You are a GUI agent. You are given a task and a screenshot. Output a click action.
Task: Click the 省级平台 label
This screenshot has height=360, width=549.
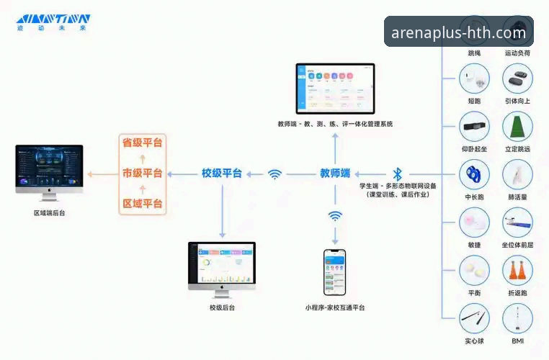142,143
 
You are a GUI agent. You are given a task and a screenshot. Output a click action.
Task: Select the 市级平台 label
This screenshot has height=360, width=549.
142,174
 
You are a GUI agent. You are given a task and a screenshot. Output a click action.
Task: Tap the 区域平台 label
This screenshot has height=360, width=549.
142,204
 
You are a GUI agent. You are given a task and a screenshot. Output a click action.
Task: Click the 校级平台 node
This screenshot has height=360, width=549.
222,174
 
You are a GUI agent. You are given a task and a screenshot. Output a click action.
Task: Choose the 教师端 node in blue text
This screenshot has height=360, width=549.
335,174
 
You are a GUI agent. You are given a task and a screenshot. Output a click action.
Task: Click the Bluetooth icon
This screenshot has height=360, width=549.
397,174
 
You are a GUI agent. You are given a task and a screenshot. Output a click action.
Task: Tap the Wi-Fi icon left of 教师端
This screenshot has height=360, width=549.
274,174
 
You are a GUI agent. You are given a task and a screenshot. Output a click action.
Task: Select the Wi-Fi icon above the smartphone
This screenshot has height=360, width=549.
335,215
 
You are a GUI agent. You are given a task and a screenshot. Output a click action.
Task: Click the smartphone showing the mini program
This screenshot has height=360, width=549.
334,272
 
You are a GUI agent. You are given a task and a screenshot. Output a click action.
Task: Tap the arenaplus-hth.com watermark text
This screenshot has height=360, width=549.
458,32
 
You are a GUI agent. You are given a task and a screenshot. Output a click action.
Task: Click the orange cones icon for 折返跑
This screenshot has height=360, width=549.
517,270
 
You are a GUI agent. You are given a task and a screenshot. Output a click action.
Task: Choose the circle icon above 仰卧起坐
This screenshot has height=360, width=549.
474,126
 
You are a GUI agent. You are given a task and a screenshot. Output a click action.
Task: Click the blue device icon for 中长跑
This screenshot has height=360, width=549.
474,174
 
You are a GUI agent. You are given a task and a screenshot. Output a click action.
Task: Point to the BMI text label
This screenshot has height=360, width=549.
517,341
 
